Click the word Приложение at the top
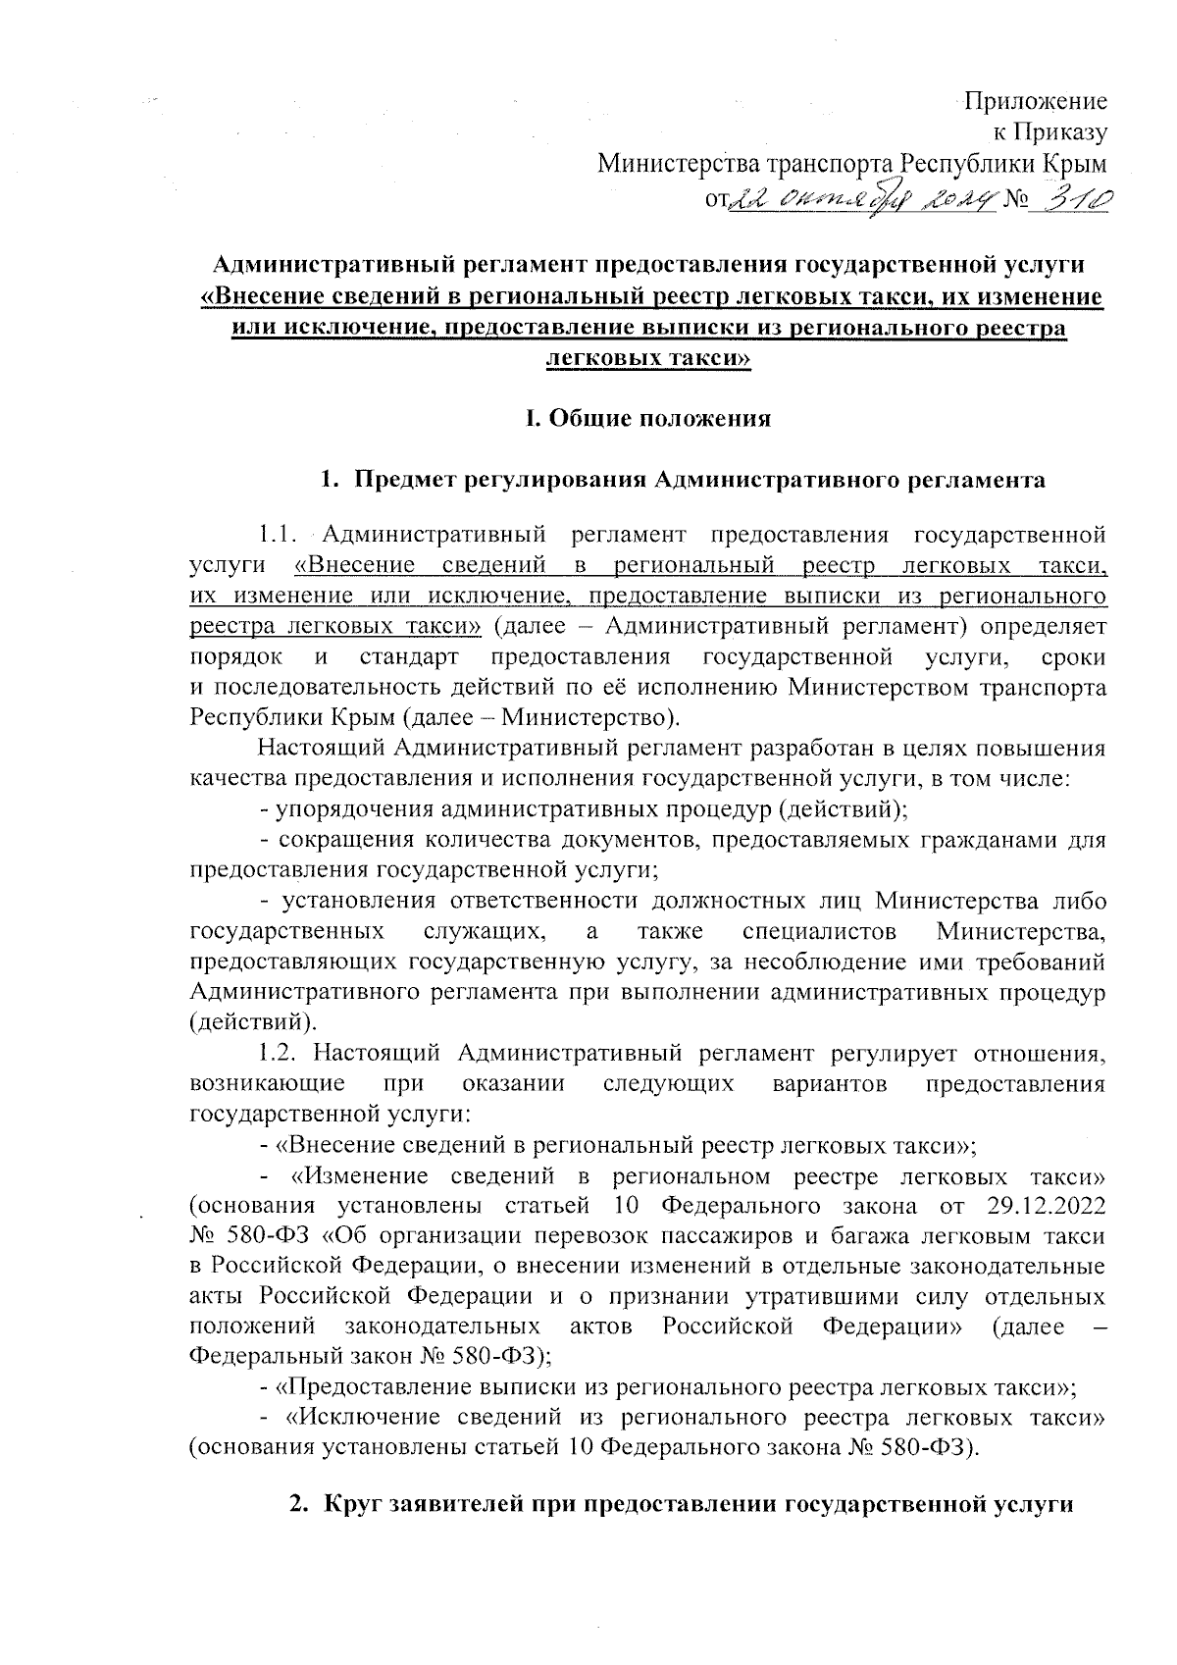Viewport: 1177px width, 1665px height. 1037,101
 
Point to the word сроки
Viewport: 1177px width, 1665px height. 1075,656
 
